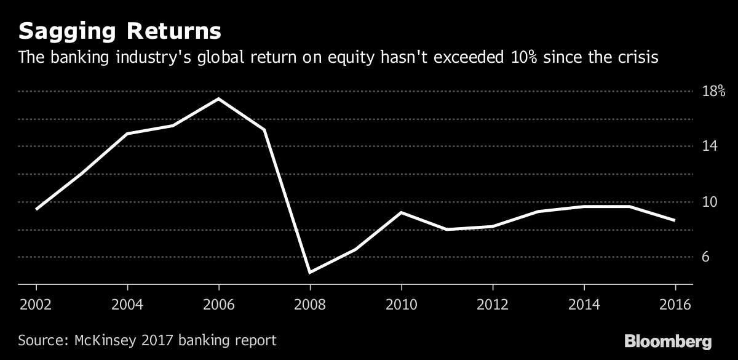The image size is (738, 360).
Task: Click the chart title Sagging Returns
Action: tap(120, 31)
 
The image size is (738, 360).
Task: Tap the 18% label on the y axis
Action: tap(713, 92)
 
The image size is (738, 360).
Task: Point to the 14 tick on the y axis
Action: tap(710, 146)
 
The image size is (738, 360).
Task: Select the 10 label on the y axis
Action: tap(710, 202)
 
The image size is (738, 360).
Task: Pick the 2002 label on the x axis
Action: tap(36, 305)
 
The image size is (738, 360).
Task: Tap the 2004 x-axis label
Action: tap(127, 305)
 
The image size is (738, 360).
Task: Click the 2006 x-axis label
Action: tap(218, 305)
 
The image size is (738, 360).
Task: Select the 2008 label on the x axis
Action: tap(310, 305)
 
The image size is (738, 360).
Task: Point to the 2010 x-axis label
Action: tap(401, 305)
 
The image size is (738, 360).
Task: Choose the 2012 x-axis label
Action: tap(493, 305)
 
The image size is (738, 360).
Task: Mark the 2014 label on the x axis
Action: tap(584, 305)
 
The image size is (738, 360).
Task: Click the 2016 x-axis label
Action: tap(675, 305)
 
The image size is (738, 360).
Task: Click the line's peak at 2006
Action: tap(218, 98)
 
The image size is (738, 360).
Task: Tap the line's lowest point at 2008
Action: tap(310, 272)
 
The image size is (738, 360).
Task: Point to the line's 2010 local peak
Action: tap(401, 212)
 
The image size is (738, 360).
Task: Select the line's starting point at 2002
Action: tap(36, 209)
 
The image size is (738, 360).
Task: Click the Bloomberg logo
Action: tap(668, 342)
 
